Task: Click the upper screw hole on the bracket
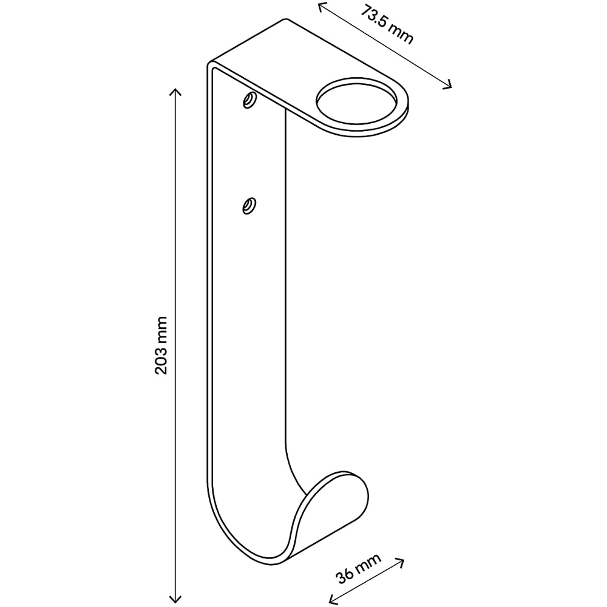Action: point(249,100)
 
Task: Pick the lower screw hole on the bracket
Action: point(249,205)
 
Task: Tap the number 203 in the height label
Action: point(161,360)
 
